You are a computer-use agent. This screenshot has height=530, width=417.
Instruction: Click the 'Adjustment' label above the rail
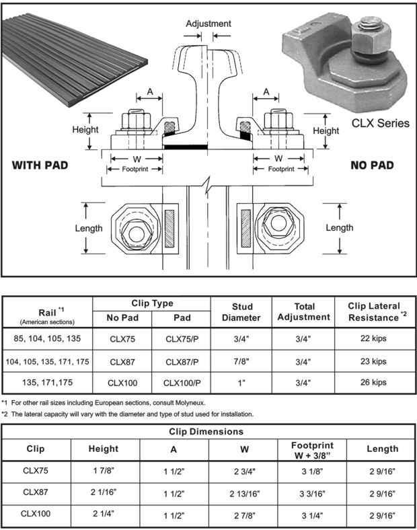(x=208, y=24)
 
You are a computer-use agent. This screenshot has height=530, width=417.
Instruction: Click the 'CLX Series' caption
(x=380, y=123)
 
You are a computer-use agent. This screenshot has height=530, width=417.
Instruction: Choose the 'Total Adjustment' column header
(x=304, y=311)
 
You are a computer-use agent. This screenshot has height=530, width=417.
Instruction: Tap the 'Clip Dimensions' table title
(x=208, y=431)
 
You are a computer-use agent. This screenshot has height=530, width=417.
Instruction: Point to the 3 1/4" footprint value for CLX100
(x=311, y=515)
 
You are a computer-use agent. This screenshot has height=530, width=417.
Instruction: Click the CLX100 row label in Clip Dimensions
(x=36, y=515)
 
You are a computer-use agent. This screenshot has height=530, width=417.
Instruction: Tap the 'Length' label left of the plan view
(x=88, y=228)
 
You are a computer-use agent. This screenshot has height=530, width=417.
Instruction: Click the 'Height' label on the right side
(x=326, y=130)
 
